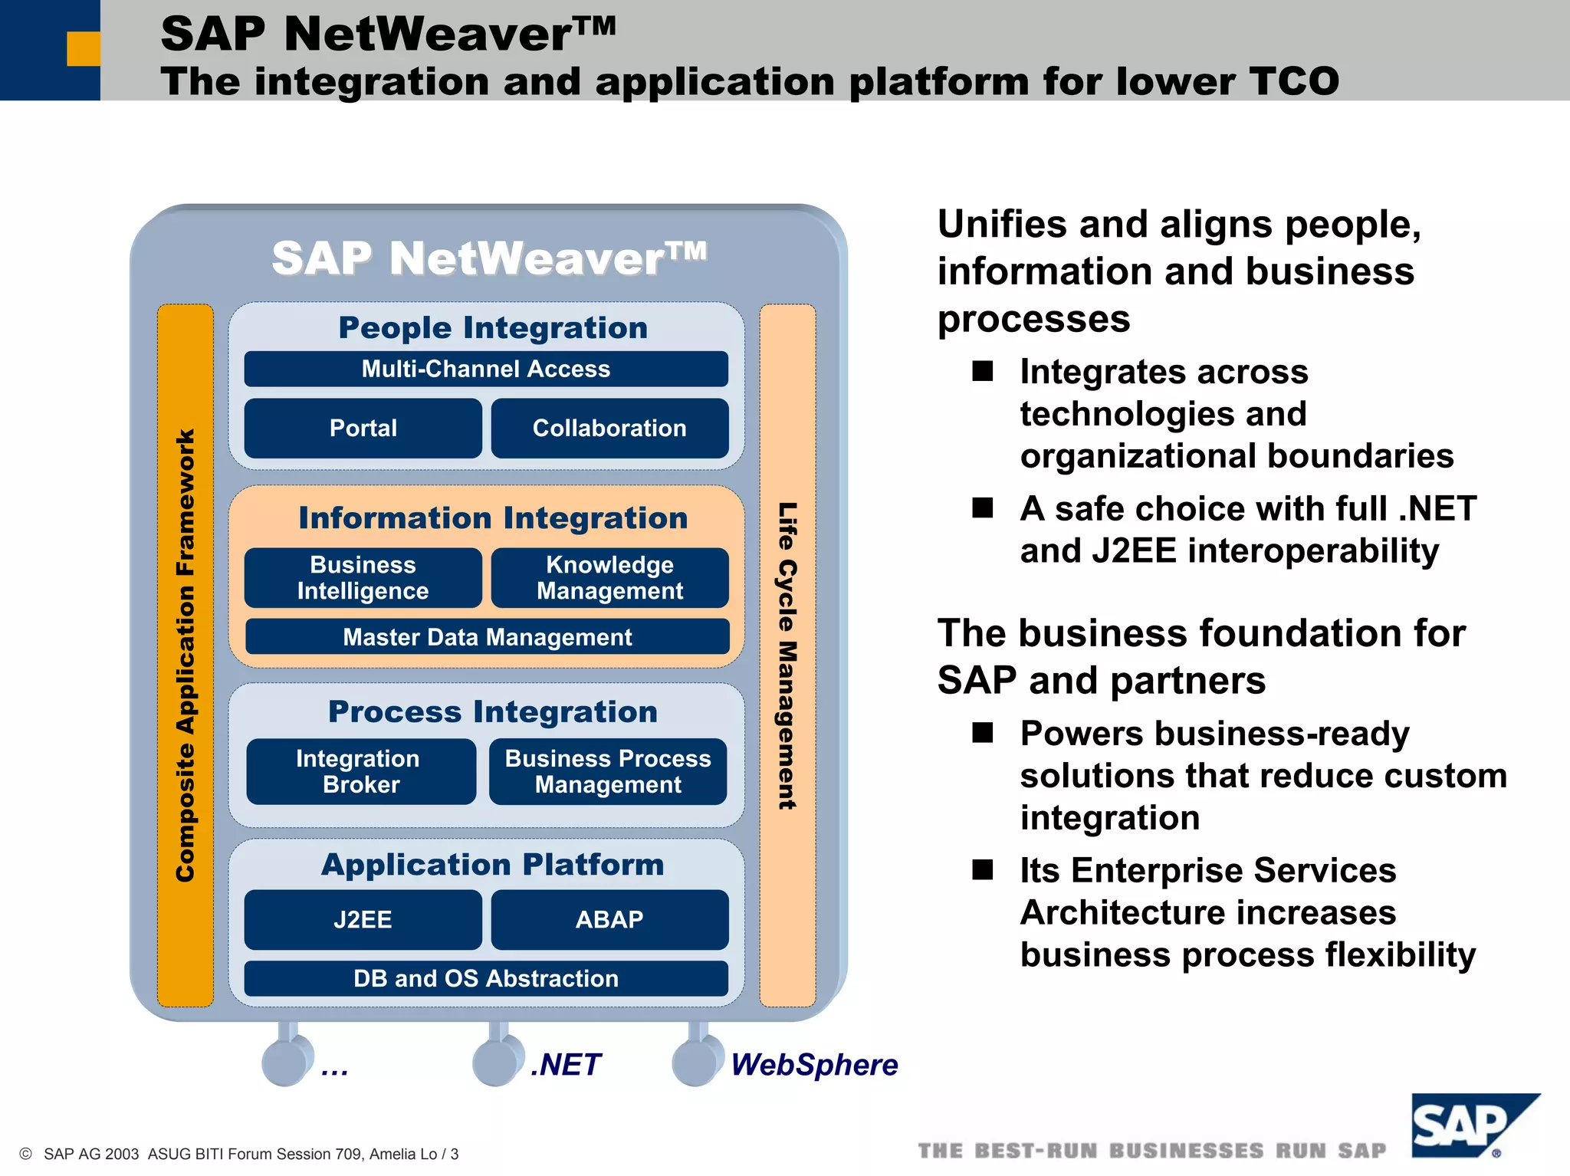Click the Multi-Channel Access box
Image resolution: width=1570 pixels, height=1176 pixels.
point(486,369)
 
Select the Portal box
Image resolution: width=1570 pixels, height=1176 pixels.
point(363,428)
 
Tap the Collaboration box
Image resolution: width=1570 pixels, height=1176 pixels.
point(609,428)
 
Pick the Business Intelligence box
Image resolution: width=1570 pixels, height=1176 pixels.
point(363,577)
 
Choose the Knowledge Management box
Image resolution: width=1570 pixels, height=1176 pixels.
point(609,577)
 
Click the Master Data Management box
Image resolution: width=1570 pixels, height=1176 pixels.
point(487,636)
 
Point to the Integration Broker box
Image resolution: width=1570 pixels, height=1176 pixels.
point(361,771)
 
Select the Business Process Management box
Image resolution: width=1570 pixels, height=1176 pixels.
point(608,771)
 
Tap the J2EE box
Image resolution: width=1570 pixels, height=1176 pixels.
point(363,919)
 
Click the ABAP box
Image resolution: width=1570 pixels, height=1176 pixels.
point(609,919)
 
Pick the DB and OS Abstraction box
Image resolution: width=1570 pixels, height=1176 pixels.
point(486,978)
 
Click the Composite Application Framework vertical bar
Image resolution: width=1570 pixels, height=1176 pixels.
point(186,655)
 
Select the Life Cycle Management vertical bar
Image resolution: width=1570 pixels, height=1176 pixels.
point(787,655)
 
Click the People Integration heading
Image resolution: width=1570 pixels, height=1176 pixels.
point(493,328)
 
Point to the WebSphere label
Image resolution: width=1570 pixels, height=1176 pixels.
point(813,1065)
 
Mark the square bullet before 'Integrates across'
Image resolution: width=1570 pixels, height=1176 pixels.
point(983,372)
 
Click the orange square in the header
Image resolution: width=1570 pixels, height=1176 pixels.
point(84,48)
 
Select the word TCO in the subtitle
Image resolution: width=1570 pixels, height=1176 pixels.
point(1294,81)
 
